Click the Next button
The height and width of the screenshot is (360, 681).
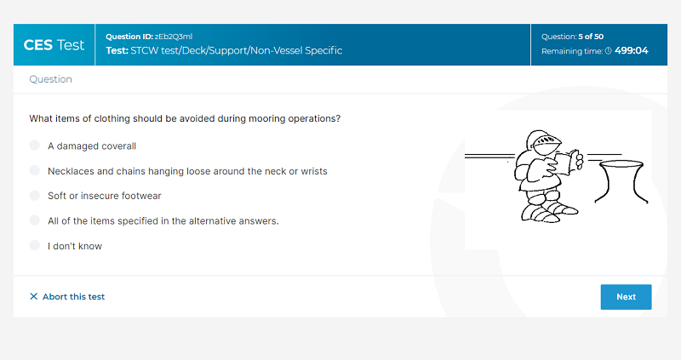(x=626, y=297)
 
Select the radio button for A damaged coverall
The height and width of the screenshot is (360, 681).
(x=35, y=146)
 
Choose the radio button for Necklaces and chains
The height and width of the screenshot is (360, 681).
(x=35, y=171)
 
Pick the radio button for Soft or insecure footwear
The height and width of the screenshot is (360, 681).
(x=35, y=196)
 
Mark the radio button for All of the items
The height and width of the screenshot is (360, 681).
(x=35, y=220)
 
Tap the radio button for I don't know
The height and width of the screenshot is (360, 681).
(x=35, y=245)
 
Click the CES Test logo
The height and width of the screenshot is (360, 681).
(x=54, y=45)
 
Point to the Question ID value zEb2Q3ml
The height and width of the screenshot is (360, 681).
(x=174, y=37)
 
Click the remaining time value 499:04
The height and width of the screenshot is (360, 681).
(x=632, y=51)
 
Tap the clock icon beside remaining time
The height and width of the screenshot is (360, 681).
(x=609, y=51)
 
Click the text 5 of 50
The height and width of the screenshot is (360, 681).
(x=591, y=37)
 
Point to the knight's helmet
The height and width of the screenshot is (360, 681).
(x=542, y=142)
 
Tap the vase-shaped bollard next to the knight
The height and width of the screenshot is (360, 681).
(x=621, y=181)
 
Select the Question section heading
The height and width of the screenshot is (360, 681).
(x=51, y=79)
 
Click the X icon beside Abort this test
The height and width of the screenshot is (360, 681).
(x=33, y=296)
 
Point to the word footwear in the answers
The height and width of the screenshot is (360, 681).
(x=141, y=196)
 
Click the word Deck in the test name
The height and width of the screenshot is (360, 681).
(x=194, y=50)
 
